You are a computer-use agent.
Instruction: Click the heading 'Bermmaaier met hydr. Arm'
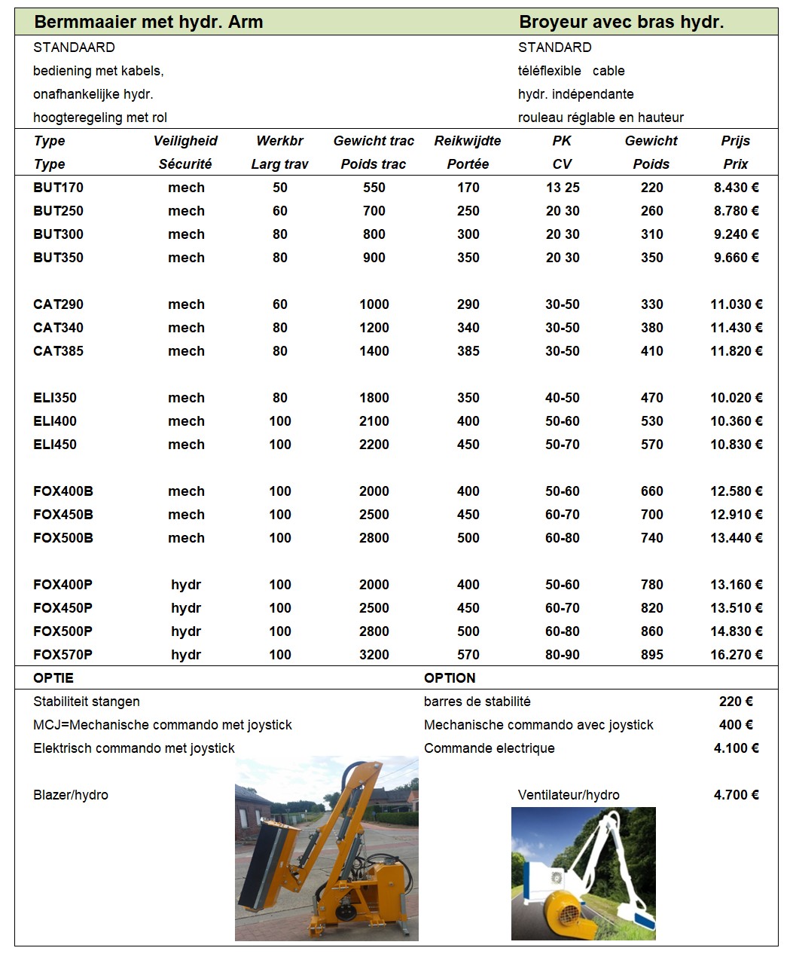click(148, 22)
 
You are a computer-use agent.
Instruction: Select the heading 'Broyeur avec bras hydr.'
click(621, 22)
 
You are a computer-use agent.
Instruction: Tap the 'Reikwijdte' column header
click(468, 141)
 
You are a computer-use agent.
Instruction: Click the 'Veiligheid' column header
click(185, 141)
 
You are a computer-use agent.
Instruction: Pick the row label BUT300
click(58, 234)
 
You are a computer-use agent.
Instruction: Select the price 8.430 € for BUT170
click(736, 188)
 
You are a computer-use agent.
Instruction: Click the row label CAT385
click(58, 351)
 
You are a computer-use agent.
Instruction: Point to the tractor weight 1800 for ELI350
click(374, 398)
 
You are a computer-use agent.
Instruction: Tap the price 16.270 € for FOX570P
click(736, 655)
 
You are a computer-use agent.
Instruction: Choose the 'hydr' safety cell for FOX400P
click(186, 585)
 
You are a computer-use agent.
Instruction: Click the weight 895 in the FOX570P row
click(651, 655)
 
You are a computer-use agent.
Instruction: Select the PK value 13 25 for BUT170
click(563, 188)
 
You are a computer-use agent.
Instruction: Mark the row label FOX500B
click(63, 538)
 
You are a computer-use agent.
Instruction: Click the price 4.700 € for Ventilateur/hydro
click(736, 795)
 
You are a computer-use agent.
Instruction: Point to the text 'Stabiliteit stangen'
click(87, 702)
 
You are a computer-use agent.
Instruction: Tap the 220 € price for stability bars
click(736, 702)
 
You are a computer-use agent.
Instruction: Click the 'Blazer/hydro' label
click(71, 795)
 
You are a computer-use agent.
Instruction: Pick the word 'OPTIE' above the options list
click(53, 678)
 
